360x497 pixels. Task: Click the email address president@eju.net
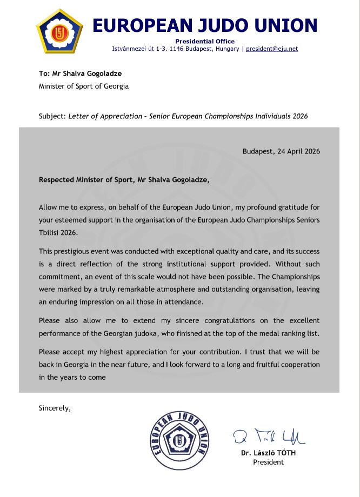(272, 49)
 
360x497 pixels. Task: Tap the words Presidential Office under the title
(205, 42)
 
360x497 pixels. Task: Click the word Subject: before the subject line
(52, 116)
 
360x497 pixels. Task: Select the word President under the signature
(268, 462)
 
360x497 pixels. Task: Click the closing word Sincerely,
(55, 408)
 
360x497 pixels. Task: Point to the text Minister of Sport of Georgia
(84, 86)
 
